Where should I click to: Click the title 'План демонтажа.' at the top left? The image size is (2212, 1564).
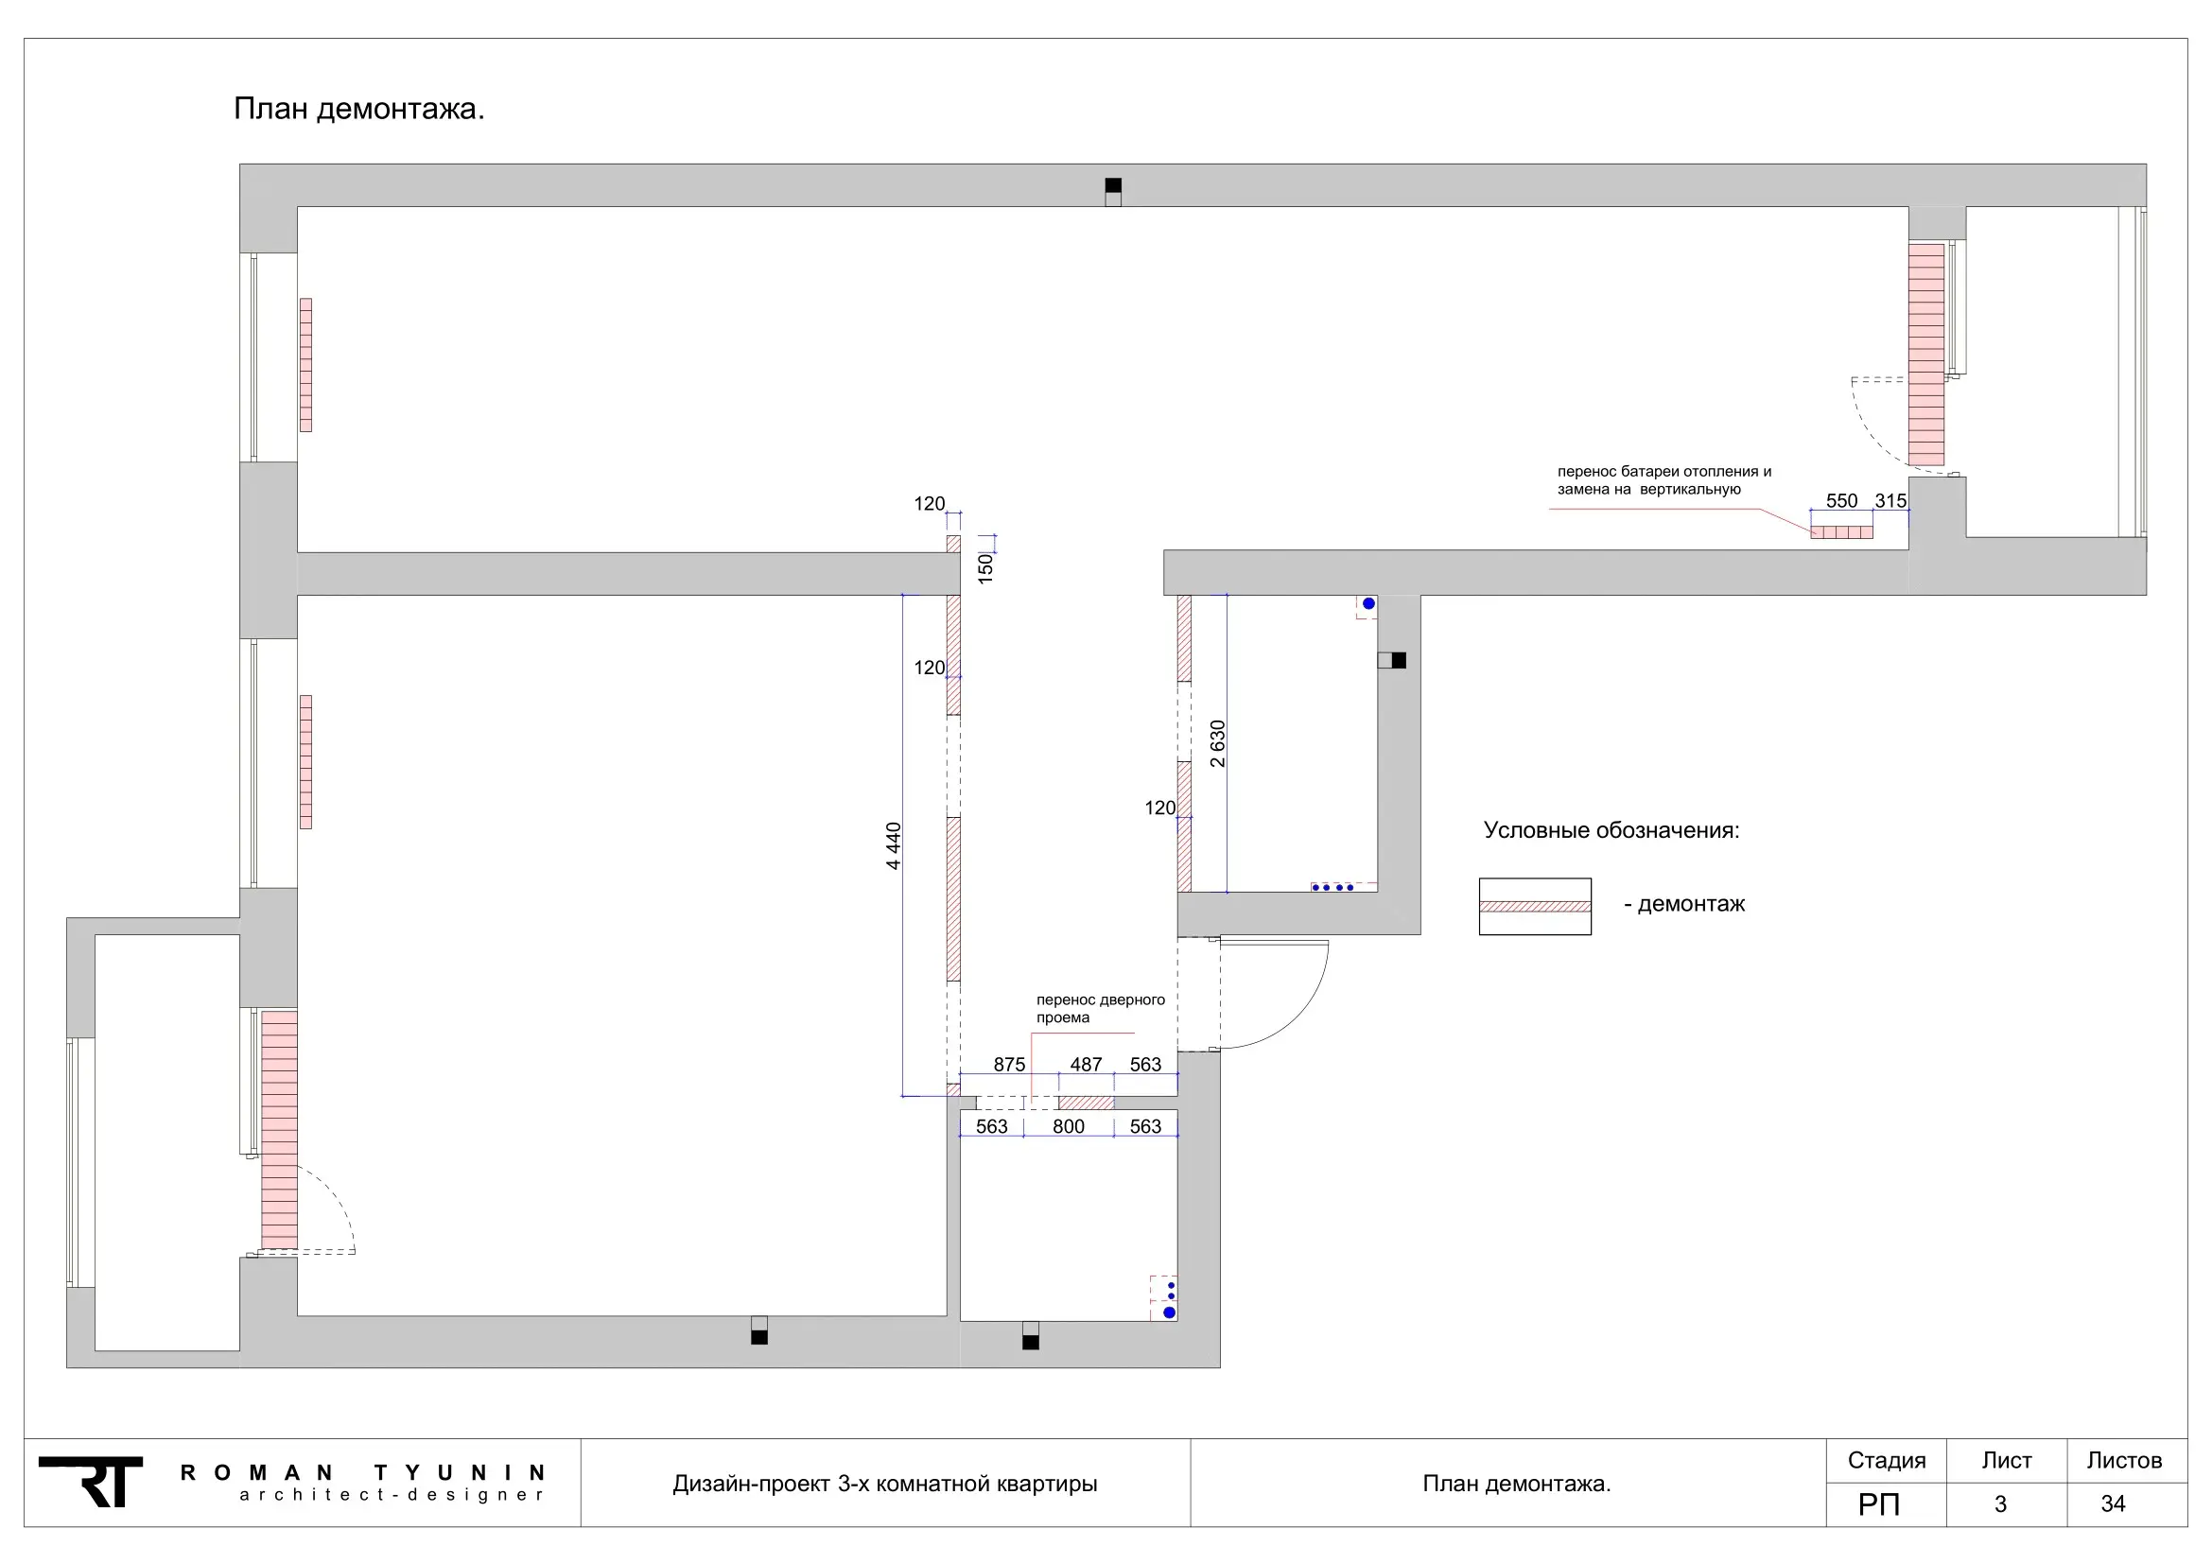[x=358, y=109]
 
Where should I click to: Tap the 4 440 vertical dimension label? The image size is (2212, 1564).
[x=894, y=845]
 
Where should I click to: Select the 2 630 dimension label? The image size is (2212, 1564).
[x=1218, y=743]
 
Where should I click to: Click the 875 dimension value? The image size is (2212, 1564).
[x=1010, y=1064]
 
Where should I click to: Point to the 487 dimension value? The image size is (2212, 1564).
[x=1086, y=1064]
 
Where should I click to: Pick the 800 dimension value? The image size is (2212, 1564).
[x=1069, y=1126]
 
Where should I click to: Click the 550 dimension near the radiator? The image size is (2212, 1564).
[x=1841, y=501]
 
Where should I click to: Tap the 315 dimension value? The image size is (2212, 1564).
[x=1890, y=501]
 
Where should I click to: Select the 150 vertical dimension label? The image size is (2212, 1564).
[x=985, y=567]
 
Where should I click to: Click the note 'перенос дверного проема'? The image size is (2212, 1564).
[x=1100, y=1008]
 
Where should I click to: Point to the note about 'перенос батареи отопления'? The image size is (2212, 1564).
[x=1663, y=480]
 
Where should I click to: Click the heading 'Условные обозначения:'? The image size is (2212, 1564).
[x=1611, y=830]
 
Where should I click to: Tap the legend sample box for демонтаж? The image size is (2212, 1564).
[x=1535, y=906]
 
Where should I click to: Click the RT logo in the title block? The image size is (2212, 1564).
[x=92, y=1481]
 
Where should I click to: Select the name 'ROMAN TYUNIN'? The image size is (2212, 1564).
[x=363, y=1472]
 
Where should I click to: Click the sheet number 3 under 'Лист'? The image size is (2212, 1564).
[x=2000, y=1504]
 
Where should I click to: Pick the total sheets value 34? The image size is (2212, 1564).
[x=2113, y=1504]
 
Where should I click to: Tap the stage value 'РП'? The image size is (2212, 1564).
[x=1879, y=1504]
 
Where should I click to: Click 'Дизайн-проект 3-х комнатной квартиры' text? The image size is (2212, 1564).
[x=884, y=1484]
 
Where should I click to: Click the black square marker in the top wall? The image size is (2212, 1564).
[x=1113, y=186]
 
